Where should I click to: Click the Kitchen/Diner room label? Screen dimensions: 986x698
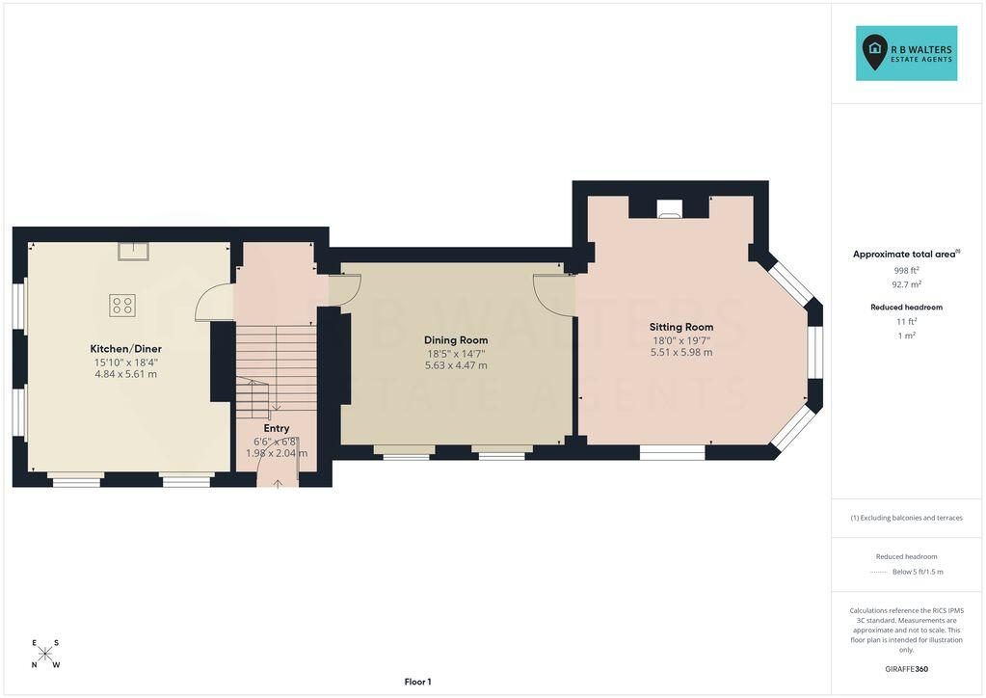[x=125, y=348]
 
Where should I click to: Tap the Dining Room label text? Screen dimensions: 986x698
[x=456, y=340]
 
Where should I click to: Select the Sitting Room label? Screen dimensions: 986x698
[x=681, y=327]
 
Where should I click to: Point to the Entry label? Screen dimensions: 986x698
[x=277, y=428]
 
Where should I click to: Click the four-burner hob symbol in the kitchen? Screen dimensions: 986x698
[x=122, y=306]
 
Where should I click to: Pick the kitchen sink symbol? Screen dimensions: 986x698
[x=133, y=251]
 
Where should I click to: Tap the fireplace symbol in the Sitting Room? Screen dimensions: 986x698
[x=669, y=209]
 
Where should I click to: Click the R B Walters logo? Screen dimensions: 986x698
[x=906, y=53]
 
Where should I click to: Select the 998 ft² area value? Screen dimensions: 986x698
[x=906, y=270]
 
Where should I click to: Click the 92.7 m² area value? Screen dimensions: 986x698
[x=906, y=284]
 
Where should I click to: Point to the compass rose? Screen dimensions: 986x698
[x=44, y=654]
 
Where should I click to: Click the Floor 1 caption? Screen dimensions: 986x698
[x=417, y=682]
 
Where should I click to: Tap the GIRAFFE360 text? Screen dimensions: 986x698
[x=906, y=669]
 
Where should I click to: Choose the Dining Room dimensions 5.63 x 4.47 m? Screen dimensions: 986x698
[x=456, y=365]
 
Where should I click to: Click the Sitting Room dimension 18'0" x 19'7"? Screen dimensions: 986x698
[x=681, y=341]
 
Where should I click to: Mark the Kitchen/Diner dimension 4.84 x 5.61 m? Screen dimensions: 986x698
[x=125, y=374]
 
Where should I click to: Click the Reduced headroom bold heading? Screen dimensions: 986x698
[x=906, y=308]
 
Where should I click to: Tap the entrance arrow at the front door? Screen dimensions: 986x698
[x=278, y=483]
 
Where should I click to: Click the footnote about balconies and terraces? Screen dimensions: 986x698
[x=906, y=518]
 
